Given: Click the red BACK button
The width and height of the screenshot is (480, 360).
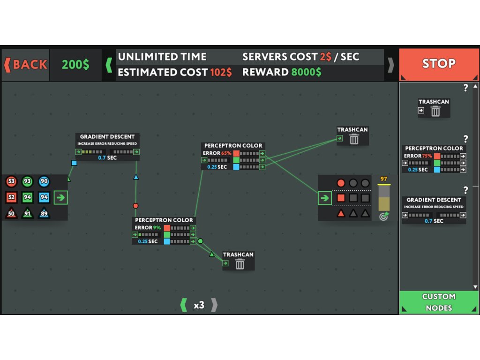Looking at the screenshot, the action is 26,65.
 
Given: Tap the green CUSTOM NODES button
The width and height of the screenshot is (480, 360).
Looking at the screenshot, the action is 439,302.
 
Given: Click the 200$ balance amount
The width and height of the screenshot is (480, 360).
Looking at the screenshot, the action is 75,65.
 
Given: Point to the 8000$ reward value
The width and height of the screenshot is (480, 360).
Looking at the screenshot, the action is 306,72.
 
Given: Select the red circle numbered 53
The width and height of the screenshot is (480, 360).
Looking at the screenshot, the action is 12,181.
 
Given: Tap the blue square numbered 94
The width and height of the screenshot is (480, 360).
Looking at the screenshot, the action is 44,197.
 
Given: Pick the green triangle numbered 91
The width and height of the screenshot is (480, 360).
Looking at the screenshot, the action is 28,214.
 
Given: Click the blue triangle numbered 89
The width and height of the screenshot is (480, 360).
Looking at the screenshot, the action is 44,214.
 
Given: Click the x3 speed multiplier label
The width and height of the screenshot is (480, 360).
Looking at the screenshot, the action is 199,305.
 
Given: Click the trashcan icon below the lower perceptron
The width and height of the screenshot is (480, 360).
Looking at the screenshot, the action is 240,264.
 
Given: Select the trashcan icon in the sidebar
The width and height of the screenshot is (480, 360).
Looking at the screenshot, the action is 435,111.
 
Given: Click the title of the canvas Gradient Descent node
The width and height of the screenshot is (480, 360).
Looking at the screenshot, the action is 107,137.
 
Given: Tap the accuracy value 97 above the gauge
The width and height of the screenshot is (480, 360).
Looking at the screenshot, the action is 384,179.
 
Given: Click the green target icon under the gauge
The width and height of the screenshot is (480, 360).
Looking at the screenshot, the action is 383,216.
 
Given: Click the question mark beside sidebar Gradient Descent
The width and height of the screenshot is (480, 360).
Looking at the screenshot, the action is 465,190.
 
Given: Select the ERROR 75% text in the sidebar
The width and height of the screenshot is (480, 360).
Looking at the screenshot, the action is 418,156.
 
